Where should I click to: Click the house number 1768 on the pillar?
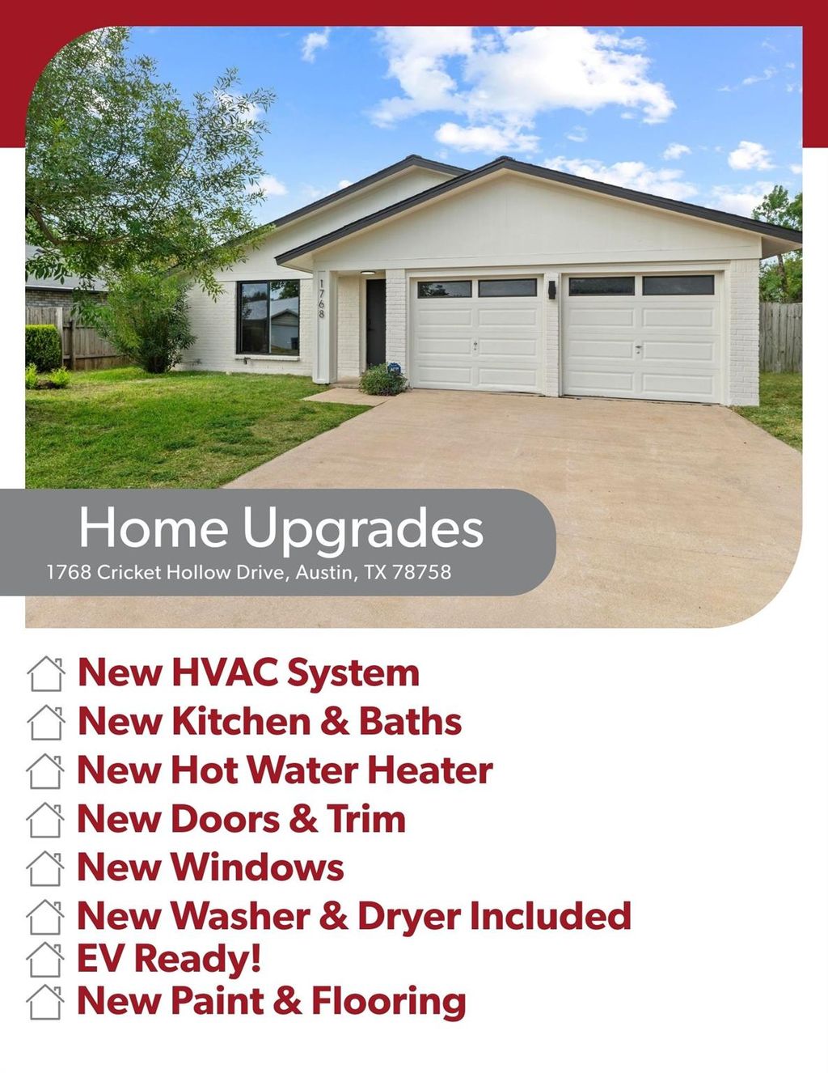pyautogui.click(x=321, y=299)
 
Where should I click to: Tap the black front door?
pyautogui.click(x=375, y=323)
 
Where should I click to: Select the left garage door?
pyautogui.click(x=477, y=335)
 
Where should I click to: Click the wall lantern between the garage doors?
pyautogui.click(x=551, y=290)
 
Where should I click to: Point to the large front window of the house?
pyautogui.click(x=268, y=317)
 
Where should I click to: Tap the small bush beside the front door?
pyautogui.click(x=382, y=380)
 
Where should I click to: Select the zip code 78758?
pyautogui.click(x=422, y=572)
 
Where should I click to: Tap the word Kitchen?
pyautogui.click(x=241, y=721)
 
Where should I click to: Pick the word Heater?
pyautogui.click(x=430, y=770)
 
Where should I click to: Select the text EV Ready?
pyautogui.click(x=169, y=958)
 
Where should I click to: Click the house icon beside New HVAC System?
pyautogui.click(x=46, y=673)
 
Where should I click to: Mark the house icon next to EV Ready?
pyautogui.click(x=45, y=960)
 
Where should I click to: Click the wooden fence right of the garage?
pyautogui.click(x=780, y=337)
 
